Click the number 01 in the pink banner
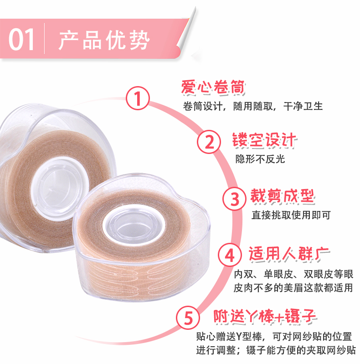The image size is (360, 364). [21, 40]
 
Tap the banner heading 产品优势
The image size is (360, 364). [104, 40]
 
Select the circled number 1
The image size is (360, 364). [138, 98]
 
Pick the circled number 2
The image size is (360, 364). [209, 142]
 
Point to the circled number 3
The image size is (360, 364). [234, 199]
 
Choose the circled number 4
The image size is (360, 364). [230, 255]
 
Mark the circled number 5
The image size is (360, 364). [188, 318]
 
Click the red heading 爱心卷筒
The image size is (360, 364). [213, 87]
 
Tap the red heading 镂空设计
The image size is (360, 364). [265, 140]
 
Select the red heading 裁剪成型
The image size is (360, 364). [283, 197]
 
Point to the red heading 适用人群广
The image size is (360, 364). [289, 254]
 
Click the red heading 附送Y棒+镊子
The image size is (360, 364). [265, 316]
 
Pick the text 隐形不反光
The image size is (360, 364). [260, 159]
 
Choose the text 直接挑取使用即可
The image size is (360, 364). [291, 215]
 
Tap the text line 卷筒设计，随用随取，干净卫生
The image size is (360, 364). [253, 106]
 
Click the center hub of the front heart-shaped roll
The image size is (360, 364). [134, 225]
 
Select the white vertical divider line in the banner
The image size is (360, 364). [44, 39]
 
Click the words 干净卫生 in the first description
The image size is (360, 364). [303, 106]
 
